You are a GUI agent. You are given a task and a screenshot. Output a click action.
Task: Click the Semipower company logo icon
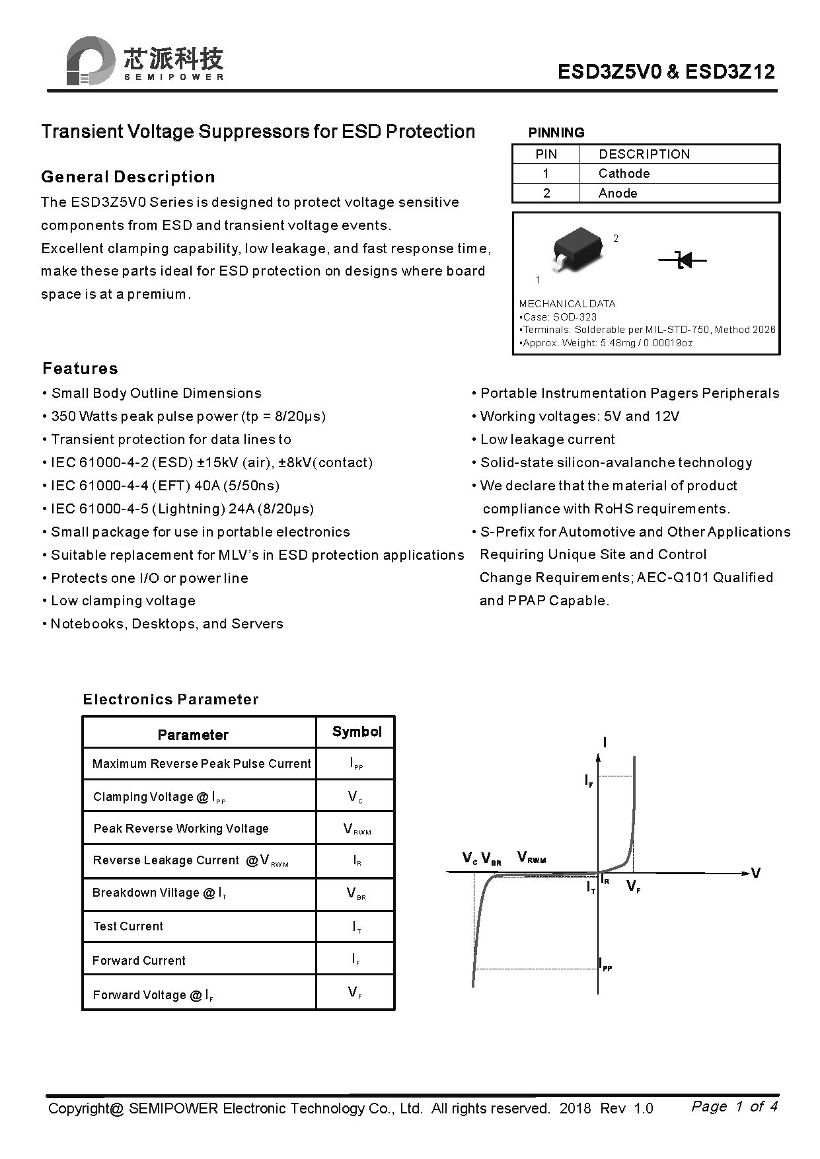pyautogui.click(x=90, y=61)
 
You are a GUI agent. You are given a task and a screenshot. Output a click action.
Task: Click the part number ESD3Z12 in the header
pyautogui.click(x=730, y=72)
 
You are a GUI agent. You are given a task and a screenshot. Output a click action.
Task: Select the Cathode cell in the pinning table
pyautogui.click(x=624, y=173)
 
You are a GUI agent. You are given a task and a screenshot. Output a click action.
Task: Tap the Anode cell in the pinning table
pyautogui.click(x=618, y=193)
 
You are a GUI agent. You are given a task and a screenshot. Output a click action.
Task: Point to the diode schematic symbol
pyautogui.click(x=683, y=260)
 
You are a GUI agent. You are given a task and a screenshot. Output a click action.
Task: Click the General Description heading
pyautogui.click(x=128, y=176)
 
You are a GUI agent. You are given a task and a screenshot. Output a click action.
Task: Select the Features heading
pyautogui.click(x=80, y=368)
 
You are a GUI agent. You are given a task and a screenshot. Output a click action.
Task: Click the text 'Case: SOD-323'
pyautogui.click(x=559, y=317)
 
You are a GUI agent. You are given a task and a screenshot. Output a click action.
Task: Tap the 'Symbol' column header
pyautogui.click(x=357, y=731)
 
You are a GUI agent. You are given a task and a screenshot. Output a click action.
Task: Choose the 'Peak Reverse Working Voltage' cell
pyautogui.click(x=180, y=828)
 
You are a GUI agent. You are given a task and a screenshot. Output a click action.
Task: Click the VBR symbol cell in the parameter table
pyautogui.click(x=356, y=893)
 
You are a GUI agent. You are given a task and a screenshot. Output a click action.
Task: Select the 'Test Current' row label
pyautogui.click(x=128, y=926)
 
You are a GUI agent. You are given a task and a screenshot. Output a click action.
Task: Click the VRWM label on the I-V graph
pyautogui.click(x=531, y=858)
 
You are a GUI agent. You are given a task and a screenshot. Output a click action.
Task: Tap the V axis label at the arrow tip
pyautogui.click(x=755, y=873)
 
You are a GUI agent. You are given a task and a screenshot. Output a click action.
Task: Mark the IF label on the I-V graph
pyautogui.click(x=589, y=781)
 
